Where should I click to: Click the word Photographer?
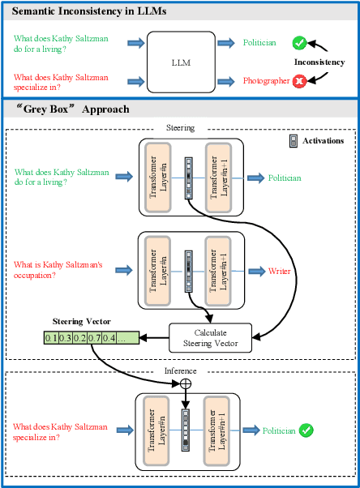coord(267,81)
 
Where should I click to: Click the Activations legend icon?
coord(294,140)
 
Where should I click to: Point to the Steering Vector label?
coord(80,322)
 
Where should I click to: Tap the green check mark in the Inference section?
coord(307,430)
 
